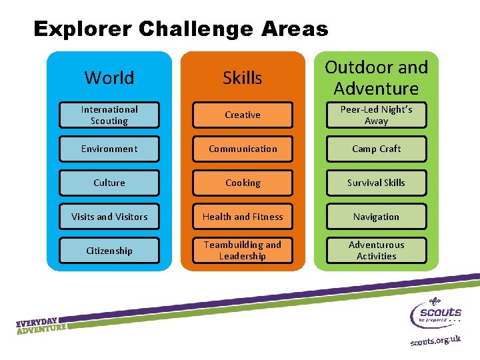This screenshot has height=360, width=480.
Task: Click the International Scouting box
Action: [x=109, y=115]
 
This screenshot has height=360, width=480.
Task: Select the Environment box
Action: [x=109, y=149]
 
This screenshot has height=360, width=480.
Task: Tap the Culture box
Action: [x=109, y=183]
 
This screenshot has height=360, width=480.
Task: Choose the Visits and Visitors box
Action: [x=109, y=217]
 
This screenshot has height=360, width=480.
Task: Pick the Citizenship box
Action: [x=109, y=251]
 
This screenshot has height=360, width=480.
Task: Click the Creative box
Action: [x=243, y=115]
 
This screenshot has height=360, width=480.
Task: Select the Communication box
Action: [x=243, y=149]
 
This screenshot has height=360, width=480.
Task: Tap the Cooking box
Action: [x=243, y=183]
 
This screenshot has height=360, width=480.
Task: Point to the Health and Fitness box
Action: [x=243, y=217]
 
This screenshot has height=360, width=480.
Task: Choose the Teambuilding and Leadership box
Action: [x=243, y=251]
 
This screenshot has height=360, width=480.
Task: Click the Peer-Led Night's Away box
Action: [x=376, y=115]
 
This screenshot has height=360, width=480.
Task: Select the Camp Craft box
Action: [x=376, y=149]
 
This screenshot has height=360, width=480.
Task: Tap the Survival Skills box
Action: [x=376, y=183]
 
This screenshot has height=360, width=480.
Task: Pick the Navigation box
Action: [x=376, y=217]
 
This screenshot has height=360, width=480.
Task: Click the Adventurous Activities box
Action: [x=376, y=251]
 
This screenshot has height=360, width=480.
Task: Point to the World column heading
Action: [x=109, y=78]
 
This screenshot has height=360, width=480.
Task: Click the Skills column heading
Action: [x=243, y=78]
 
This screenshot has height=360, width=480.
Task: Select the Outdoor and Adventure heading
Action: [x=376, y=77]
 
